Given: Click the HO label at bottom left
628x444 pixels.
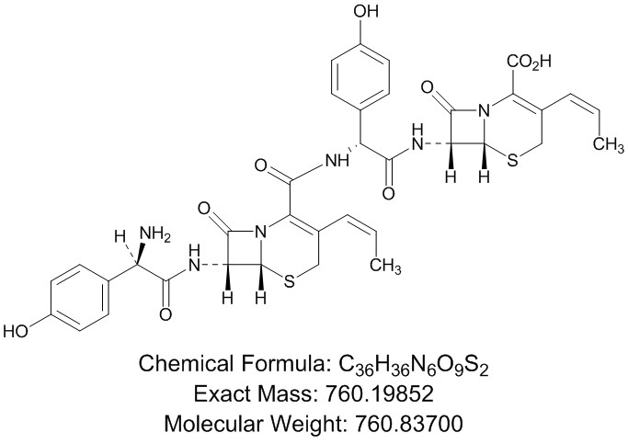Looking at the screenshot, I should (17, 328).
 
